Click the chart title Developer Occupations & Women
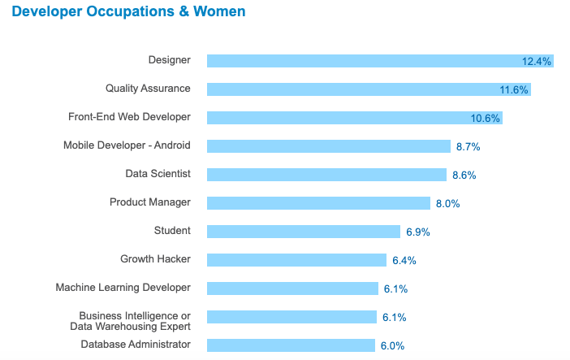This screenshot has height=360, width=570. tap(128, 12)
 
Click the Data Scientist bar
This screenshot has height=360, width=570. tap(326, 175)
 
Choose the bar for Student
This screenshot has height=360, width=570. tap(304, 232)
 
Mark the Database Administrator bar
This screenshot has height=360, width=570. tap(291, 345)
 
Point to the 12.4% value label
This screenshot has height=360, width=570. tap(537, 62)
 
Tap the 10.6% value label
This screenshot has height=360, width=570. tap(486, 119)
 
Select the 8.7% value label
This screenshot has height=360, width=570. tap(469, 146)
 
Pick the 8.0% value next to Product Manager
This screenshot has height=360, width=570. tap(448, 203)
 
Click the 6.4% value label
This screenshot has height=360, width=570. tap(404, 260)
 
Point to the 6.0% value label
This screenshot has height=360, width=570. tap(392, 345)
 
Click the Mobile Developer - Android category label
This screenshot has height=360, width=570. tap(127, 145)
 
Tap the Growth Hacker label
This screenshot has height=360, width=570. tap(155, 259)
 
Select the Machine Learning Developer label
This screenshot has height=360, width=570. tap(123, 287)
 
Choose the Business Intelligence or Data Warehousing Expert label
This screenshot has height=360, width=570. tap(135, 321)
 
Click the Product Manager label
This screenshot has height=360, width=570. tap(150, 202)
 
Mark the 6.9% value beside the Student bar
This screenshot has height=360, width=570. tap(418, 232)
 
